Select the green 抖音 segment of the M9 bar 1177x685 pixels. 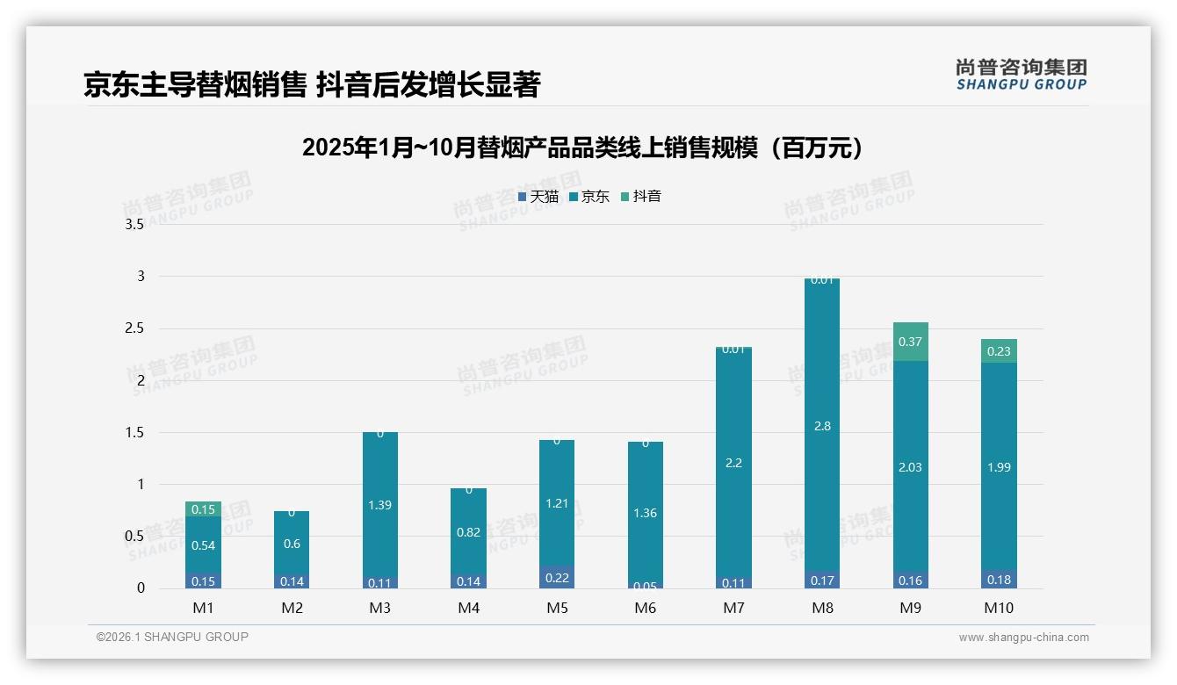pyautogui.click(x=910, y=342)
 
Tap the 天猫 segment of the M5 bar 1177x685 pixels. pyautogui.click(x=557, y=577)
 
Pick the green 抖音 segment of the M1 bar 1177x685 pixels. pyautogui.click(x=203, y=509)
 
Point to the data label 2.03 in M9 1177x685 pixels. pyautogui.click(x=910, y=467)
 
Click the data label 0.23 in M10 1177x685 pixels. pyautogui.click(x=999, y=351)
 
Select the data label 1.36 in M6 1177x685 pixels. pyautogui.click(x=645, y=513)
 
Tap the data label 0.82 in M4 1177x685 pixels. pyautogui.click(x=468, y=531)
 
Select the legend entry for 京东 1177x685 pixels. pyautogui.click(x=589, y=197)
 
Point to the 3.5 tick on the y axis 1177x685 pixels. pyautogui.click(x=134, y=225)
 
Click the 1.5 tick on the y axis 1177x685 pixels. pyautogui.click(x=134, y=433)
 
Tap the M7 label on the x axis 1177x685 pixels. pyautogui.click(x=733, y=608)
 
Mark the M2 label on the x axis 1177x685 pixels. pyautogui.click(x=292, y=608)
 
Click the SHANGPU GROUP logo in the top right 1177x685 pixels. pyautogui.click(x=1021, y=75)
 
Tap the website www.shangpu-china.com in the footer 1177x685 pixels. pyautogui.click(x=1023, y=638)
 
